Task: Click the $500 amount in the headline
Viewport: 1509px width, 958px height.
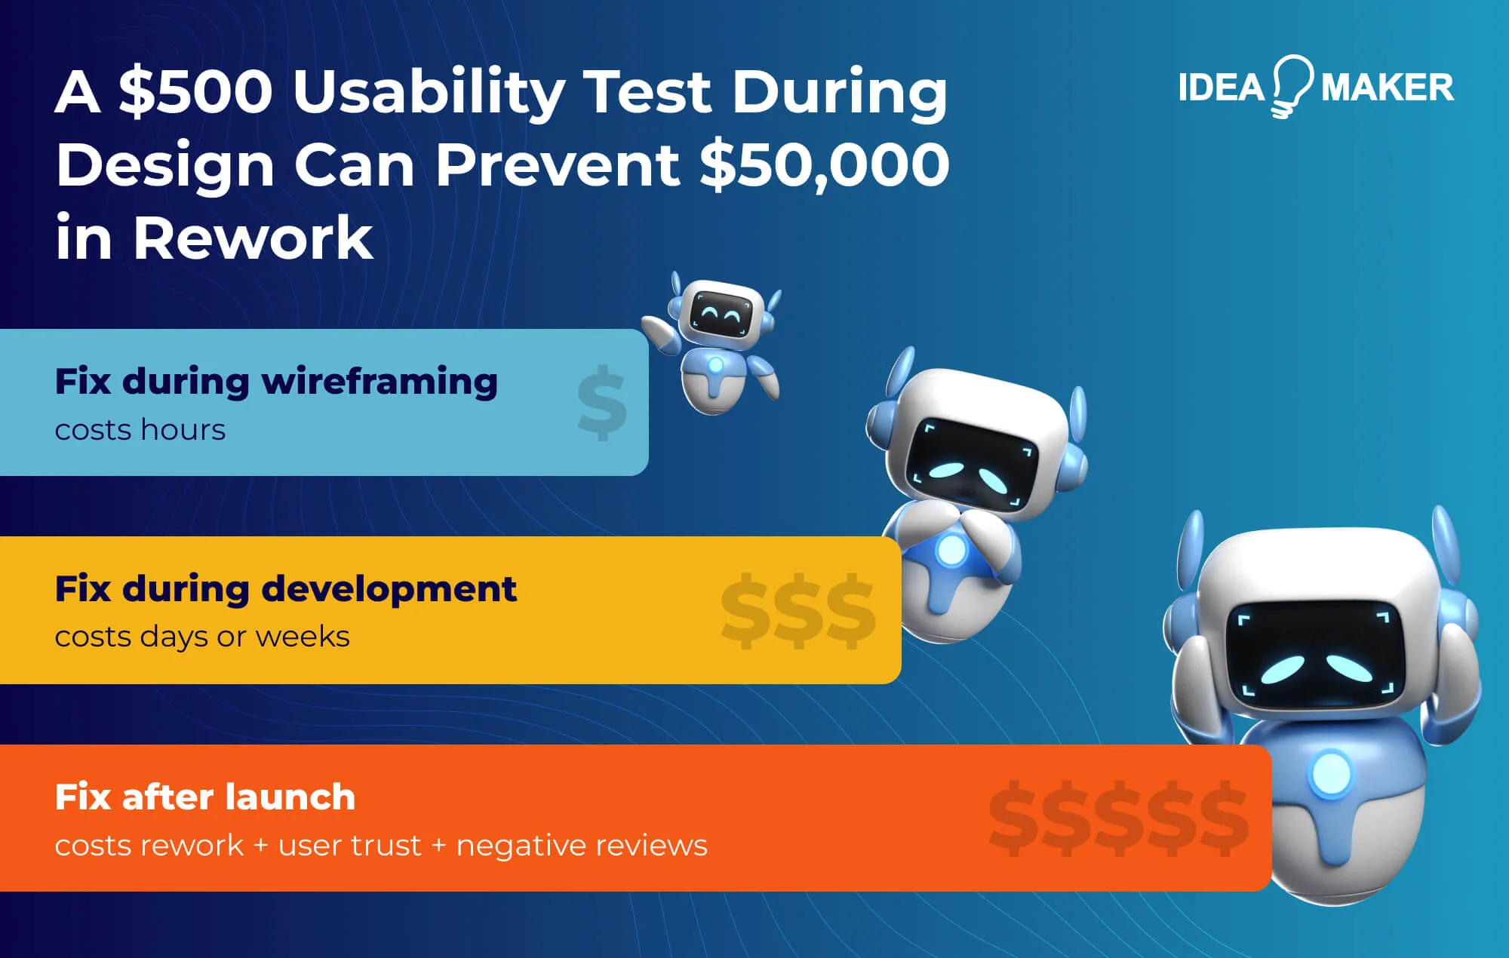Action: click(x=195, y=92)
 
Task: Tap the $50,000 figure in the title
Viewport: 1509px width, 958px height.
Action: click(x=824, y=165)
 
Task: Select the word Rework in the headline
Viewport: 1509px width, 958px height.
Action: click(x=253, y=238)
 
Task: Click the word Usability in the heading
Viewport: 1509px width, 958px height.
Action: click(x=429, y=92)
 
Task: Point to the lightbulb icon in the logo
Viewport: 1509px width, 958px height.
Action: click(x=1292, y=84)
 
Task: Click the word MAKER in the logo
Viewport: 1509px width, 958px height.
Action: click(x=1387, y=88)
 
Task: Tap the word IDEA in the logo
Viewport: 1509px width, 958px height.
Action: click(x=1221, y=88)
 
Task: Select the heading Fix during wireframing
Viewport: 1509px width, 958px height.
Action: click(x=276, y=381)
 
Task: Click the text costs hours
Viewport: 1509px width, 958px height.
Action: click(x=140, y=430)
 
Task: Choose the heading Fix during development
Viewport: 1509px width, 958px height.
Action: click(x=286, y=588)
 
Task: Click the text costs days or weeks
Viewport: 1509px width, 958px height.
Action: click(x=202, y=637)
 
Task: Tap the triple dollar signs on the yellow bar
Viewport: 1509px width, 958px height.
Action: click(x=798, y=610)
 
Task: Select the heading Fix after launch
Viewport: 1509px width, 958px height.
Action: click(x=205, y=797)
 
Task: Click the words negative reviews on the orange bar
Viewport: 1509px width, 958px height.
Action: click(x=582, y=846)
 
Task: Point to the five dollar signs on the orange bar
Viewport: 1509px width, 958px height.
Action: click(x=1118, y=818)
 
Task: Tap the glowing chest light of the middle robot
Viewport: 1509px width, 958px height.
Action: click(x=950, y=551)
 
